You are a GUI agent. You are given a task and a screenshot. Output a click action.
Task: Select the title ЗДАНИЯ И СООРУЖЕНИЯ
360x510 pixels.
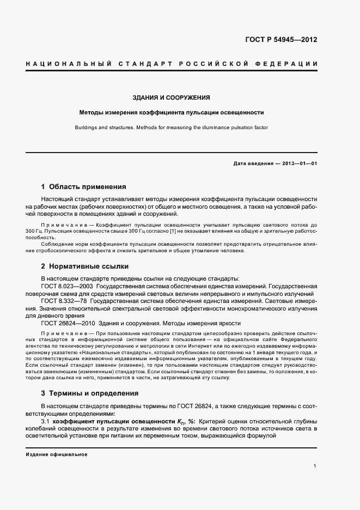tap(172, 98)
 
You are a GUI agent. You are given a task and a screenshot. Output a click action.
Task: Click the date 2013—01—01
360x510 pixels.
tap(298, 163)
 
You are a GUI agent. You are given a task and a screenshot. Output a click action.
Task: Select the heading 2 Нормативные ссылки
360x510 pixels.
tap(84, 266)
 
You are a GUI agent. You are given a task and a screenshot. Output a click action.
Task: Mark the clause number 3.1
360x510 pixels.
tap(46, 422)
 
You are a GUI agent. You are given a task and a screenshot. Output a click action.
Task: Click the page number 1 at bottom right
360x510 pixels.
tap(315, 466)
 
